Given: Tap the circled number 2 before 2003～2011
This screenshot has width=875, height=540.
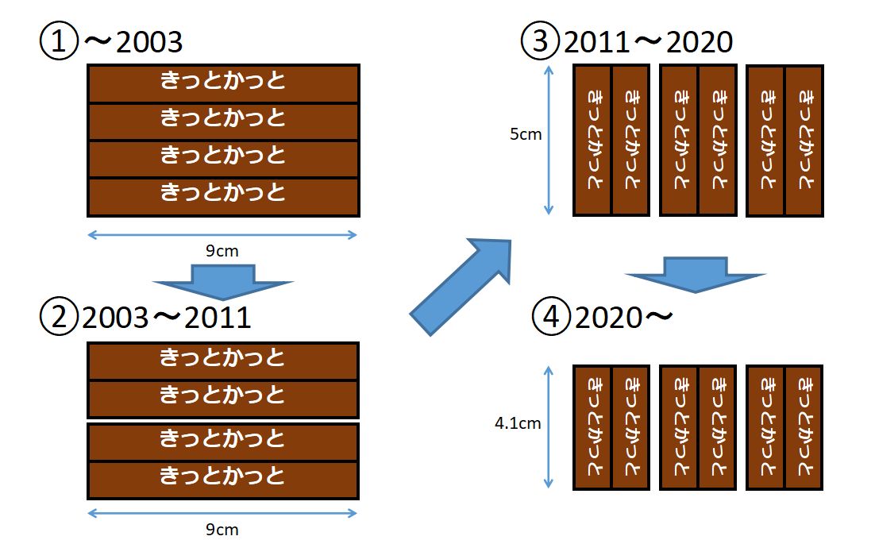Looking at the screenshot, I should [59, 318].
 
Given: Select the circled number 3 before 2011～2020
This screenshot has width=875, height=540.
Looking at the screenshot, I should [541, 41].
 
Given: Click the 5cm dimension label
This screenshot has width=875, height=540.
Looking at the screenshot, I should [526, 134].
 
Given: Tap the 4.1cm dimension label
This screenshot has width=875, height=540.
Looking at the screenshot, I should [518, 423].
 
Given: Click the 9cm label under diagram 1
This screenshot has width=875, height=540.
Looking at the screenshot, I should [222, 252].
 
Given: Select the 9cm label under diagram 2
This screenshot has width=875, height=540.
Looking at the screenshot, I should [222, 530].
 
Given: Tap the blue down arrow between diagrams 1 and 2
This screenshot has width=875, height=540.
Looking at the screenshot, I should [223, 282].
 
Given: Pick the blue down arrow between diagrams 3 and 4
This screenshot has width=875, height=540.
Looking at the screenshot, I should [695, 274].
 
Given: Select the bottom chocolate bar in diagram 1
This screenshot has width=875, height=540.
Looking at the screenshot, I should [223, 196].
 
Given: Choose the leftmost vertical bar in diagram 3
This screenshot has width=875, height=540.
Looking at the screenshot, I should [592, 141].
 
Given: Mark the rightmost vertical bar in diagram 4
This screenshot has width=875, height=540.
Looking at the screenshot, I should [804, 427].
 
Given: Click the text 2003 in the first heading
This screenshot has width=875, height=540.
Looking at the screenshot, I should [149, 42].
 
